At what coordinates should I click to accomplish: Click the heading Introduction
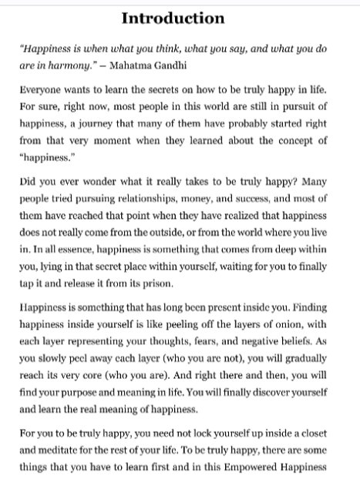tap(180, 17)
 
